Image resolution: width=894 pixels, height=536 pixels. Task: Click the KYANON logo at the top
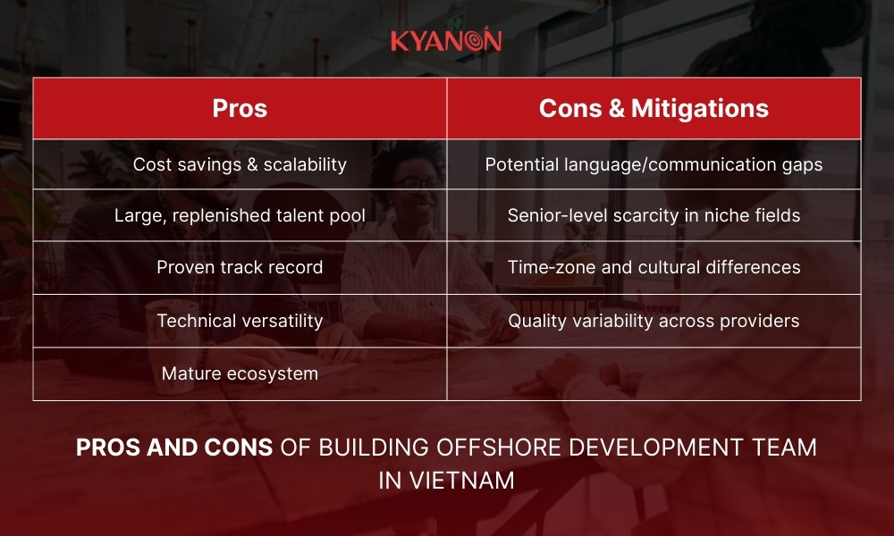tap(446, 40)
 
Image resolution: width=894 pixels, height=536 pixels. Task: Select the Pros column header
tap(240, 108)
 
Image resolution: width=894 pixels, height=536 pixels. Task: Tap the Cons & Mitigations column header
tap(654, 108)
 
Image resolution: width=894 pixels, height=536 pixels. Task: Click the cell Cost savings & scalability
tap(240, 164)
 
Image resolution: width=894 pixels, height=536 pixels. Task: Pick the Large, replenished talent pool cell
tap(240, 215)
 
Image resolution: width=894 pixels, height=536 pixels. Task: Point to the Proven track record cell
tap(240, 267)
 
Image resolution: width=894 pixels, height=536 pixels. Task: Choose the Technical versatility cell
tap(240, 321)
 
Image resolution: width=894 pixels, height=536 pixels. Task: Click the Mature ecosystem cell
tap(240, 373)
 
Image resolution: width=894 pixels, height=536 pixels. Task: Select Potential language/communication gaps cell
tap(654, 164)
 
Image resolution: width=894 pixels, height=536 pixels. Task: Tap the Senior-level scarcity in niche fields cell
tap(654, 215)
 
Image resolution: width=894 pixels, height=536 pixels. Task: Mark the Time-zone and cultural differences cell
tap(654, 267)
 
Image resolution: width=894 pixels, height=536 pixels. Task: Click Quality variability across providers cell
tap(654, 321)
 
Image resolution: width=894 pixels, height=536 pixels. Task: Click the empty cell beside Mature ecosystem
tap(654, 373)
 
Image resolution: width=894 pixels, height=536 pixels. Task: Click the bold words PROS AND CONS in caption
tap(174, 448)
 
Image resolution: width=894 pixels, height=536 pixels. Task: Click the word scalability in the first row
tap(302, 164)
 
